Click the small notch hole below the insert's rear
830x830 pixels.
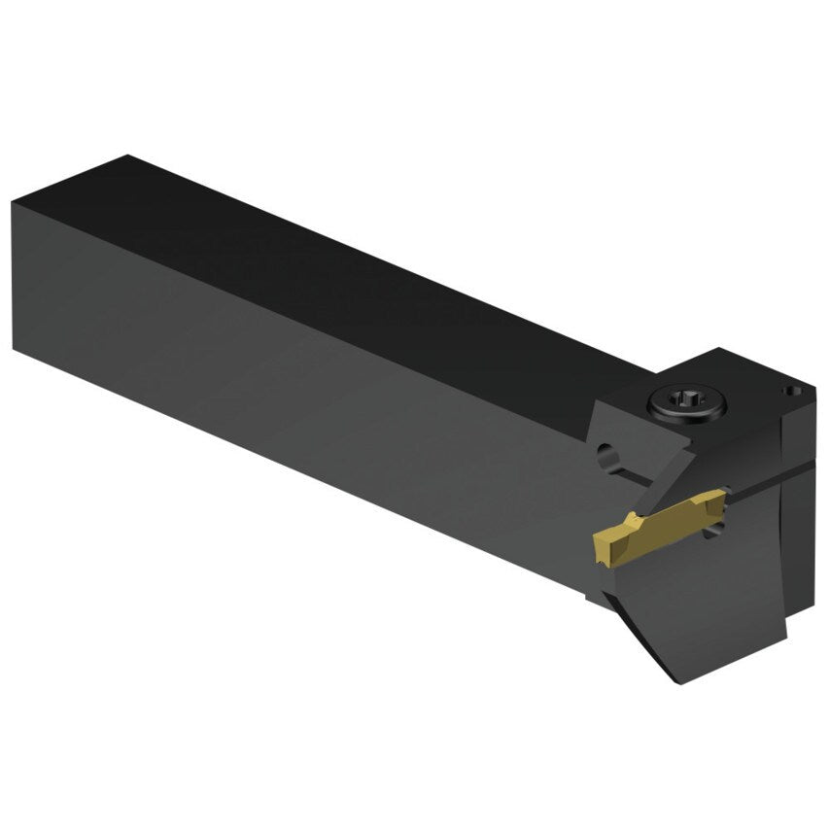point(717,529)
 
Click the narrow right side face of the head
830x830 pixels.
point(802,505)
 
